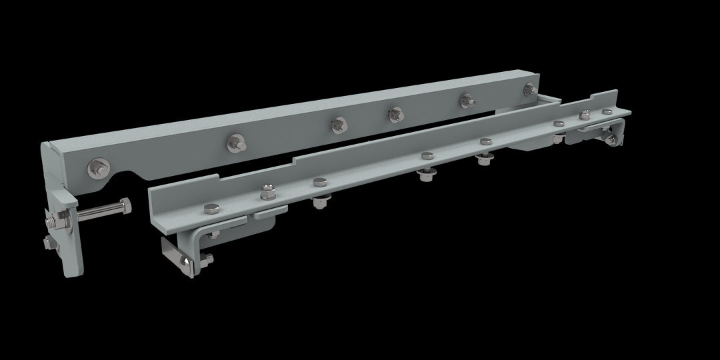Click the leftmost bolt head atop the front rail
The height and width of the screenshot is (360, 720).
click(x=211, y=207)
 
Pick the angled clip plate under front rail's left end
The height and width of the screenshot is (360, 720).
click(x=175, y=254)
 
